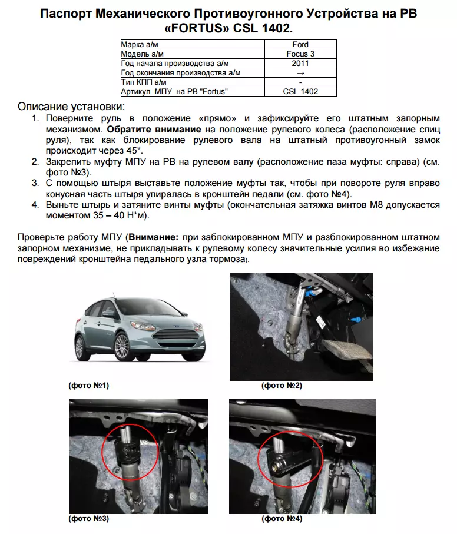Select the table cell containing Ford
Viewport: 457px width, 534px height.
point(300,45)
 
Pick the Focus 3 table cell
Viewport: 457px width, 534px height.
point(300,54)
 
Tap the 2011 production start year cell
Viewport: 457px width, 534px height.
point(300,64)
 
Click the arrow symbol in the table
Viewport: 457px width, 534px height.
point(300,73)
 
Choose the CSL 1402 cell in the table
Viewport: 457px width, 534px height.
point(300,92)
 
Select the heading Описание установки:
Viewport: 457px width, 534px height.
point(71,107)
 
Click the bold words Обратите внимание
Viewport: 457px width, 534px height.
point(155,129)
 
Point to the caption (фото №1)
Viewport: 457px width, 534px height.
point(89,386)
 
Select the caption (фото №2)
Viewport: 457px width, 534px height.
point(282,386)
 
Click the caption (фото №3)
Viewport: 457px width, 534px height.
point(89,519)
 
